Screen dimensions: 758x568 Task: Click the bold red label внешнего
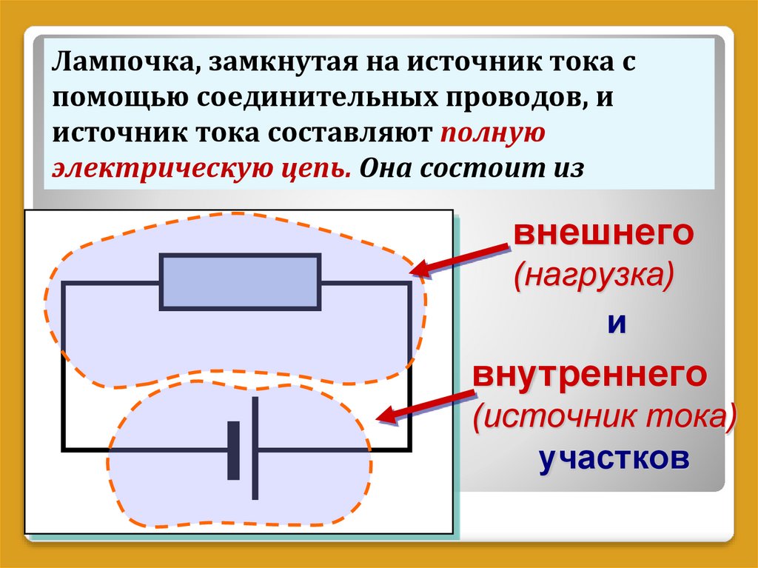(603, 235)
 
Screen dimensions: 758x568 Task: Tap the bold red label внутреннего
(589, 375)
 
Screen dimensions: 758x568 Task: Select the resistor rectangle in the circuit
(241, 281)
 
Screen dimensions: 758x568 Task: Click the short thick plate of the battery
(234, 450)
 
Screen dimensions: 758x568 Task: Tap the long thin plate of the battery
(255, 448)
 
